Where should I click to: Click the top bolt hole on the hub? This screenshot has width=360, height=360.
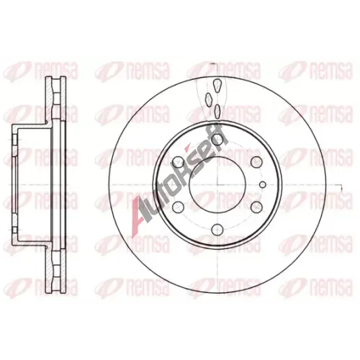(x=217, y=138)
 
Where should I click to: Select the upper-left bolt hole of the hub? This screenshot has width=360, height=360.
(x=178, y=162)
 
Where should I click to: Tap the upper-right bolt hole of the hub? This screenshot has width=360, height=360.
(x=256, y=162)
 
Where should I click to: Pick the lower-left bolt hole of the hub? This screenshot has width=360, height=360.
(x=178, y=207)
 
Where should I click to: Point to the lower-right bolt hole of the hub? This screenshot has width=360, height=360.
(x=256, y=207)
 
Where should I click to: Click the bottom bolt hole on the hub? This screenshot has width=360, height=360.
(x=217, y=230)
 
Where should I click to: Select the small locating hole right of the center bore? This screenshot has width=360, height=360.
(x=263, y=184)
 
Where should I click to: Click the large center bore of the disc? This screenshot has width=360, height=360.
(x=217, y=185)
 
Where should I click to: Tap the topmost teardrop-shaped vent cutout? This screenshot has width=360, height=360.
(x=217, y=85)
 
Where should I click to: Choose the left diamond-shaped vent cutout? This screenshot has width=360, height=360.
(x=208, y=99)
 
